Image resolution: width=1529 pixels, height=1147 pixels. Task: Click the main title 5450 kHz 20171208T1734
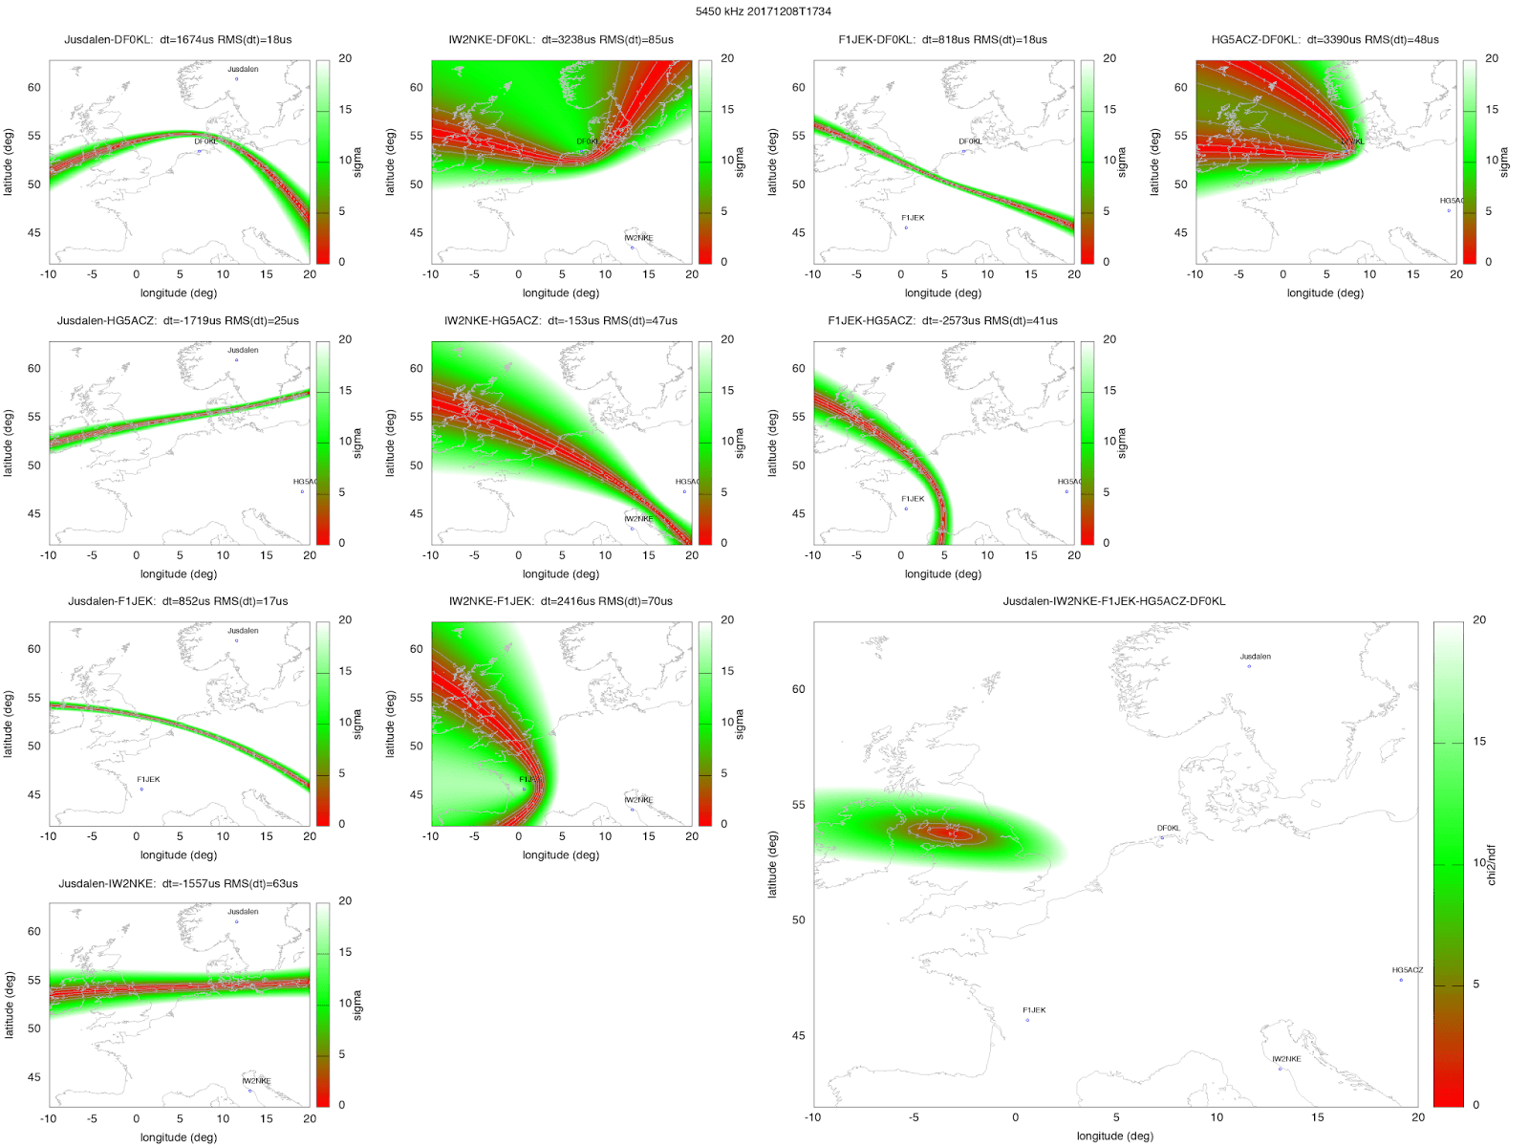tap(763, 11)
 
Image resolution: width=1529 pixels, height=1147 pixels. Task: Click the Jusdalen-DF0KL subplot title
tap(178, 40)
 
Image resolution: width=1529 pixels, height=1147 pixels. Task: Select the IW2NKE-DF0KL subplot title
tap(560, 40)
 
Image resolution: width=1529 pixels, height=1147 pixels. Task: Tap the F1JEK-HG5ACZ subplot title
tap(942, 321)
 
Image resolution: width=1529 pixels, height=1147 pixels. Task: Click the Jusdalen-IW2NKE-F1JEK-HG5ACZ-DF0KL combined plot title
tap(1113, 601)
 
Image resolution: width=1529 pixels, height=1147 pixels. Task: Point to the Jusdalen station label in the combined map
tap(1255, 657)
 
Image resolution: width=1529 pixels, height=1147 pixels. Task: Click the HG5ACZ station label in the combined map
tap(1407, 970)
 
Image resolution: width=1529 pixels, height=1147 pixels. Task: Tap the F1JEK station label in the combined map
tap(1034, 1010)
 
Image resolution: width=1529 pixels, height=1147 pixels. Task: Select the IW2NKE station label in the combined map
tap(1286, 1059)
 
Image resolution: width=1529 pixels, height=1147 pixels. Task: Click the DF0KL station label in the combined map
tap(1168, 829)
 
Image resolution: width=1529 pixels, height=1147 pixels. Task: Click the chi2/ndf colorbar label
tap(1492, 864)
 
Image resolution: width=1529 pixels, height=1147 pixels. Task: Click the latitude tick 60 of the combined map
tap(799, 689)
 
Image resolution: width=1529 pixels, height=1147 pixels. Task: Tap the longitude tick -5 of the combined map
tap(914, 1117)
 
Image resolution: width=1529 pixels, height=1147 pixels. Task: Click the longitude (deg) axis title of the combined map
tap(1114, 1136)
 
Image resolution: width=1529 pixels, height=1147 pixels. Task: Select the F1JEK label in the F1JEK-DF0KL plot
tap(913, 218)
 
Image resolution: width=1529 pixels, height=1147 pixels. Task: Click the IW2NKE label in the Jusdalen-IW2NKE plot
tap(256, 1081)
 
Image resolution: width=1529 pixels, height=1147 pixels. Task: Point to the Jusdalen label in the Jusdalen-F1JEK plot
tap(243, 631)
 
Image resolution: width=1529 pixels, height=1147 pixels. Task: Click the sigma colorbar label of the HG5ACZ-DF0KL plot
tap(1504, 162)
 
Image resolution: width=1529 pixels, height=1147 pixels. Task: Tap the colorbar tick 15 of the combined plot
tap(1479, 742)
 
